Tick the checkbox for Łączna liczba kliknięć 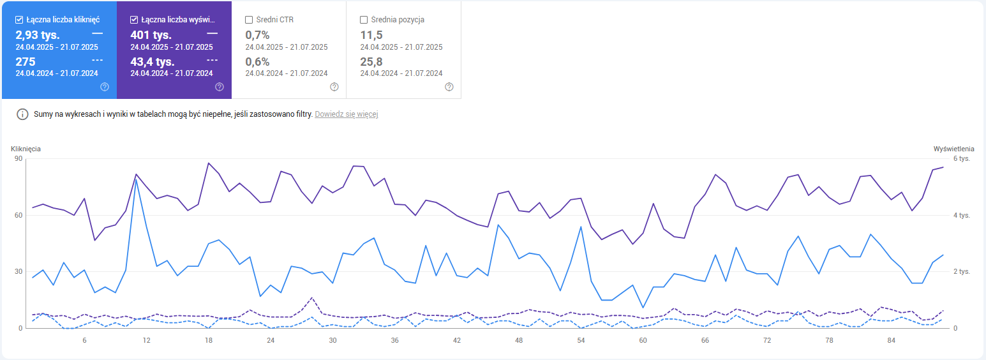pyautogui.click(x=19, y=20)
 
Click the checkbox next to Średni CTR pyautogui.click(x=249, y=20)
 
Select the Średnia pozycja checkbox pyautogui.click(x=364, y=20)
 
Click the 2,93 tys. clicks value pyautogui.click(x=38, y=34)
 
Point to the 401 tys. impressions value pyautogui.click(x=151, y=34)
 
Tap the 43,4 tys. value pyautogui.click(x=153, y=62)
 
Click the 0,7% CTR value pyautogui.click(x=257, y=34)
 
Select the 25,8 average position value pyautogui.click(x=371, y=62)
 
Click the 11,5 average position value pyautogui.click(x=371, y=34)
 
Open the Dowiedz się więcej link pyautogui.click(x=347, y=114)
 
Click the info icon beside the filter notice pyautogui.click(x=22, y=114)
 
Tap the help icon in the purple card pyautogui.click(x=220, y=87)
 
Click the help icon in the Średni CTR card pyautogui.click(x=334, y=87)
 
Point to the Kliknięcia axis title pyautogui.click(x=26, y=149)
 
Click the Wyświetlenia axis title pyautogui.click(x=953, y=149)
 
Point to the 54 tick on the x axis pyautogui.click(x=581, y=341)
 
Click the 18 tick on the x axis pyautogui.click(x=209, y=341)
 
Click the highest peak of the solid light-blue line pyautogui.click(x=136, y=179)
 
